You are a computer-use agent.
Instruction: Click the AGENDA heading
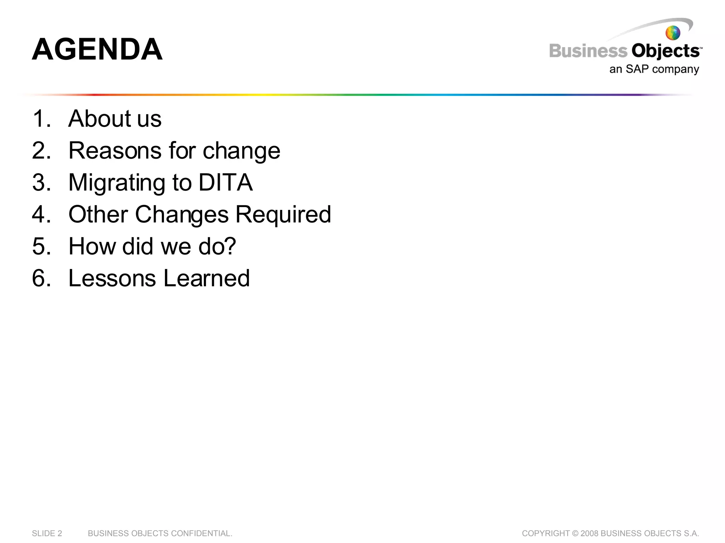coord(97,49)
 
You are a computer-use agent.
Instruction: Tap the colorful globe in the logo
coord(673,33)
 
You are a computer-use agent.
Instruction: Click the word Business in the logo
coord(588,51)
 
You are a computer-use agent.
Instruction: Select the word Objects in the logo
coord(665,52)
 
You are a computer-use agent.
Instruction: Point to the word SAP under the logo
coord(637,69)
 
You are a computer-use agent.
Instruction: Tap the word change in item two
coord(241,151)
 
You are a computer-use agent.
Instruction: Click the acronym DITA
coord(226,182)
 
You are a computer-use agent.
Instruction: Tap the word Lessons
coord(112,278)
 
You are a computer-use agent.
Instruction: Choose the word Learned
coord(206,278)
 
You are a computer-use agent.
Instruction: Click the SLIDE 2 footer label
coord(47,533)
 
